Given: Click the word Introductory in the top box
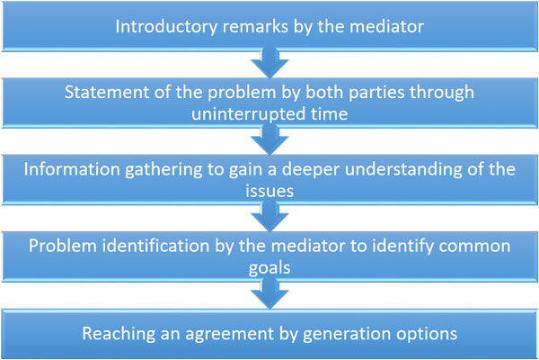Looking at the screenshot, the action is [166, 27].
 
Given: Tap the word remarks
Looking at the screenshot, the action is [255, 26].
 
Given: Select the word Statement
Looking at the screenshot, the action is [107, 93].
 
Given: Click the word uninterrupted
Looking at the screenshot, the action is [248, 114].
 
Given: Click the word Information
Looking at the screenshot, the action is [72, 169].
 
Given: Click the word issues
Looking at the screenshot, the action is [269, 191].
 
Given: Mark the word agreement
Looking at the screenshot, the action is [230, 335].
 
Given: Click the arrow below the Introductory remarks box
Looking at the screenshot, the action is [269, 63].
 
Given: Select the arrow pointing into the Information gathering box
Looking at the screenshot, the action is [269, 139].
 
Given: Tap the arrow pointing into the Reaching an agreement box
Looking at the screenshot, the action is [269, 293].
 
